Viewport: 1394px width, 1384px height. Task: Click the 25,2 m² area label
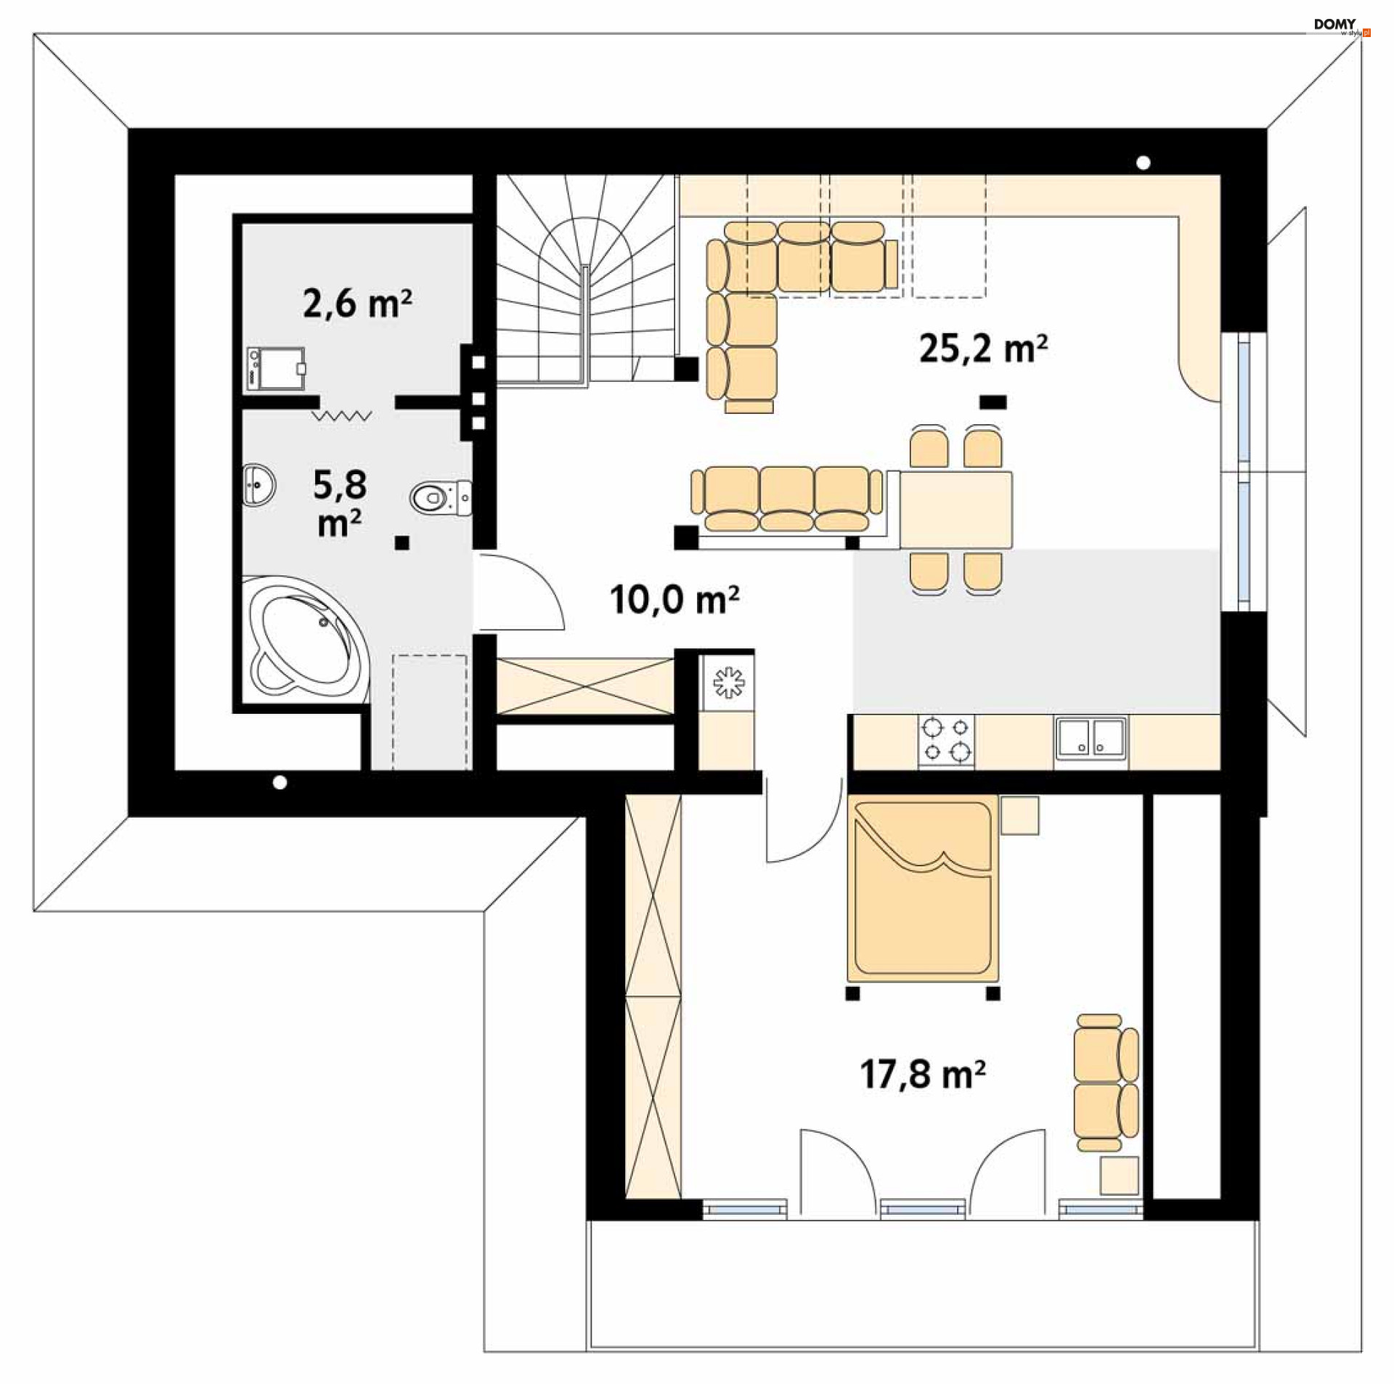pyautogui.click(x=983, y=349)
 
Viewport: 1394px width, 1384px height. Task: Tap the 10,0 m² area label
pyautogui.click(x=674, y=599)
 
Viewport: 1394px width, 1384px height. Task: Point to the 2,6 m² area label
pyautogui.click(x=357, y=303)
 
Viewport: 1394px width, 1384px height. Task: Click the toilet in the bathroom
pyautogui.click(x=441, y=497)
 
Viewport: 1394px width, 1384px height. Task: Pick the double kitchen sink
pyautogui.click(x=1091, y=738)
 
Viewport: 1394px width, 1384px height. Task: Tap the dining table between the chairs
pyautogui.click(x=955, y=510)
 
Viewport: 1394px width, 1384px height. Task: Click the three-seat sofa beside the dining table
pyautogui.click(x=787, y=500)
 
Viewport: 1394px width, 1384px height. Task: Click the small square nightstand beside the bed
pyautogui.click(x=1019, y=815)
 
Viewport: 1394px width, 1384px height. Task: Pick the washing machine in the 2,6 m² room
pyautogui.click(x=275, y=369)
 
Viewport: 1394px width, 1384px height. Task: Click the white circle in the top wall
pyautogui.click(x=1143, y=163)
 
